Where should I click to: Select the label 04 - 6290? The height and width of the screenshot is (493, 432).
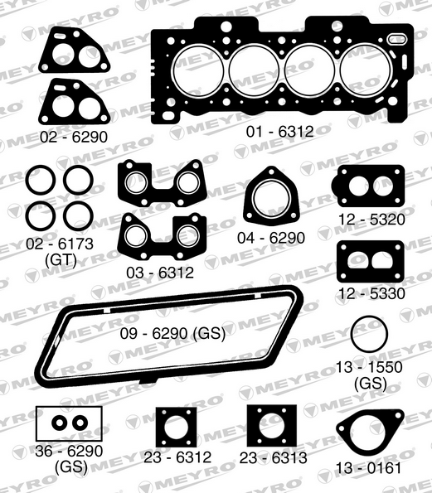(270, 237)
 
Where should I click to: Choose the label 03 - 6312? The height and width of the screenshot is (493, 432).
(163, 272)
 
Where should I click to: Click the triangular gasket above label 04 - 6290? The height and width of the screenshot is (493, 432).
(269, 197)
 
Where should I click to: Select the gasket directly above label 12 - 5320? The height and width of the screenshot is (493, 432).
(370, 186)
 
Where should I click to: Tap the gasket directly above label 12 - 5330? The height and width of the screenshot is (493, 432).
(370, 260)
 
